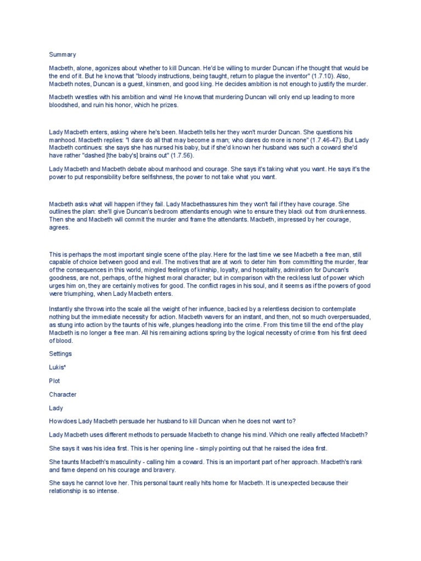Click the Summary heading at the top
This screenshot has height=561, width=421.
pos(62,55)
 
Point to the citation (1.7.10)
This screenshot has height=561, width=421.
pos(321,76)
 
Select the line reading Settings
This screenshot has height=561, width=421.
pos(61,354)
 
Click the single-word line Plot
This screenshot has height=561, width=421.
pos(55,381)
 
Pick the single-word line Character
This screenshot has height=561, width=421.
pos(63,394)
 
